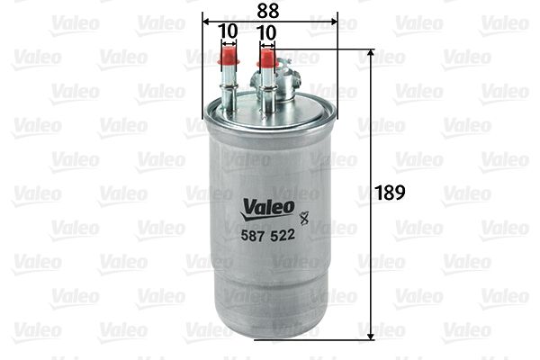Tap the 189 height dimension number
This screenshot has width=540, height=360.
tap(391, 193)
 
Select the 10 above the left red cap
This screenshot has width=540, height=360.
tap(229, 31)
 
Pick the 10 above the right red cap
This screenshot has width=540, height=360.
tap(266, 31)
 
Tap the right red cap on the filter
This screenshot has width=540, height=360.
tap(266, 60)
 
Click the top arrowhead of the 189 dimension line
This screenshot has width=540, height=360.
tap(372, 53)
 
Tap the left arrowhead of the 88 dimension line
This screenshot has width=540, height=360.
tap(206, 21)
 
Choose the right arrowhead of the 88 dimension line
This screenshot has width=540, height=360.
tap(332, 21)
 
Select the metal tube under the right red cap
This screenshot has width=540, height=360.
tap(266, 88)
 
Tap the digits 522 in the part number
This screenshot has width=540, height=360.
tap(282, 233)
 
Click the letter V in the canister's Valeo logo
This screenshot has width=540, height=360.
tap(247, 209)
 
